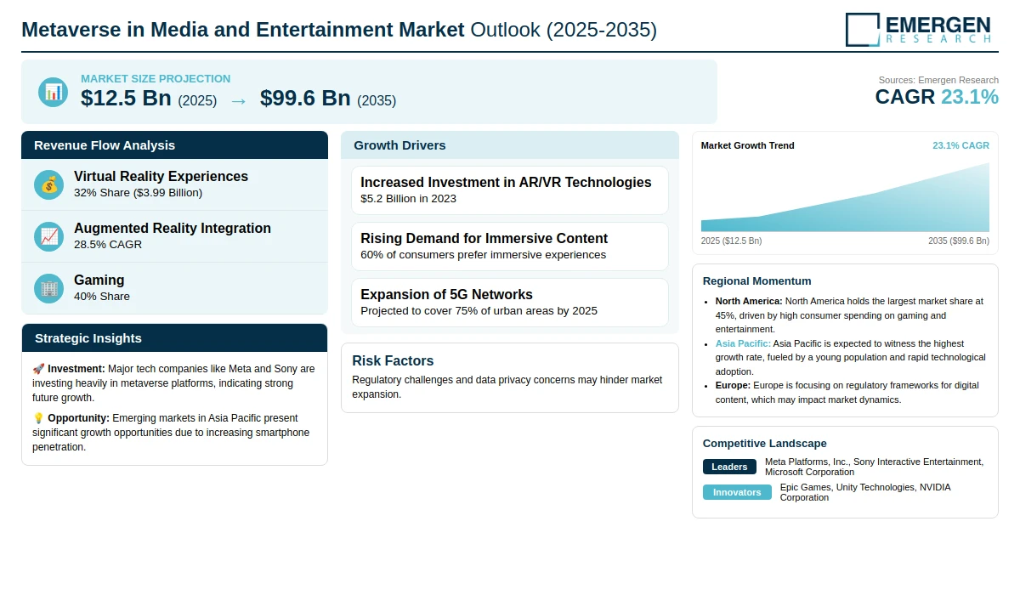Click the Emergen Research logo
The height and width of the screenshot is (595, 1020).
(x=918, y=30)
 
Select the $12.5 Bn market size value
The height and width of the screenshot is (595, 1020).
(x=126, y=98)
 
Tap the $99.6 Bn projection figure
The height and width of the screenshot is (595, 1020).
(x=305, y=98)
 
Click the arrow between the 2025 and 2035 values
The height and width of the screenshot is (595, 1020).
(x=239, y=101)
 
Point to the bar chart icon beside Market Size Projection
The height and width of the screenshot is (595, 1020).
(x=54, y=92)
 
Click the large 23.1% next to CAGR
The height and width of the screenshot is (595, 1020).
(x=970, y=97)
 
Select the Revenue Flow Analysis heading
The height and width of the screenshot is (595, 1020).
(x=105, y=145)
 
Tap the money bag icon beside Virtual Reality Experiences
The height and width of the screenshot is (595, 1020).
(x=48, y=184)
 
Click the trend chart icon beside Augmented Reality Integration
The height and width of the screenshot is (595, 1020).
(x=48, y=236)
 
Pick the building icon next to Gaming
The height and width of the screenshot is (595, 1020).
(x=48, y=288)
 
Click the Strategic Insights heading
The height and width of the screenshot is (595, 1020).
(x=88, y=338)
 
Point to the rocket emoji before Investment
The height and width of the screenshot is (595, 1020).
(x=38, y=369)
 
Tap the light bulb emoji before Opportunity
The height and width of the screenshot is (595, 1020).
(x=38, y=418)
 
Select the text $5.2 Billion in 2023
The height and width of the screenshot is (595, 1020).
(x=408, y=199)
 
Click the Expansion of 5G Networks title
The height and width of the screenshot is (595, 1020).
(x=446, y=295)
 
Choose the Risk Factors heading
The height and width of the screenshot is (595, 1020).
(x=393, y=360)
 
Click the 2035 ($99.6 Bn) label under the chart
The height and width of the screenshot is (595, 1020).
(x=959, y=241)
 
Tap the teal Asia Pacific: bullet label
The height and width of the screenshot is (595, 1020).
(x=743, y=343)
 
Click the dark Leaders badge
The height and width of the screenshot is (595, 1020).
(x=729, y=467)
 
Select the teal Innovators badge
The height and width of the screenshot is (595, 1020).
(x=737, y=492)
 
